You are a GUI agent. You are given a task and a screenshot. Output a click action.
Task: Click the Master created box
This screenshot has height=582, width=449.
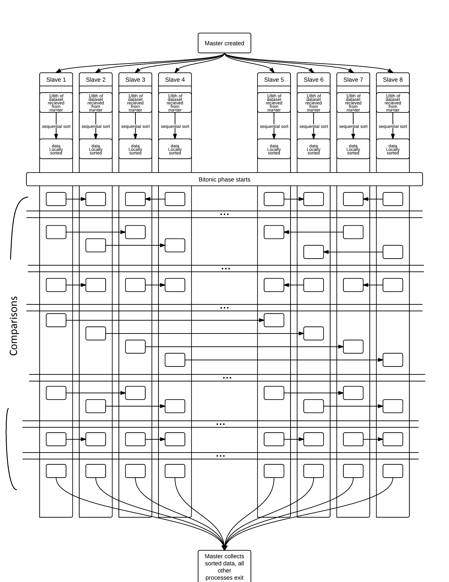click(x=224, y=43)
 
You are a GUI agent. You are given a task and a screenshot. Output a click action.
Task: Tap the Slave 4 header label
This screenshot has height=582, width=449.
click(x=175, y=80)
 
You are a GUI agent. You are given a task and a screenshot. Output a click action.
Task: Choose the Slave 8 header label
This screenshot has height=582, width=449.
click(x=393, y=80)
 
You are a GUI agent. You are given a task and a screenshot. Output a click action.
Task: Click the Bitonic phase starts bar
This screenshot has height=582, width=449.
click(x=224, y=179)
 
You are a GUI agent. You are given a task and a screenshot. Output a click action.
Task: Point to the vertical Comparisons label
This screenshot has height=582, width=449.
click(x=14, y=326)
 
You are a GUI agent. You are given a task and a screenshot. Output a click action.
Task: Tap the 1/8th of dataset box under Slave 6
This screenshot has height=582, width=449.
click(x=313, y=103)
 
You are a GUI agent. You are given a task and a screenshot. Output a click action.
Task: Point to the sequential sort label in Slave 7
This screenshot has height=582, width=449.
click(x=353, y=126)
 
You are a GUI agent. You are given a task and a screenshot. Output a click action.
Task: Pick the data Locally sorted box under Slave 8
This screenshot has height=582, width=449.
click(x=393, y=149)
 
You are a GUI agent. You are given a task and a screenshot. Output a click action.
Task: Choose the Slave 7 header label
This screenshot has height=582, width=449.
click(x=353, y=80)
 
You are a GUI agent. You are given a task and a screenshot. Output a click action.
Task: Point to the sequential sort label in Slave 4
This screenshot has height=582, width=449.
click(x=175, y=126)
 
